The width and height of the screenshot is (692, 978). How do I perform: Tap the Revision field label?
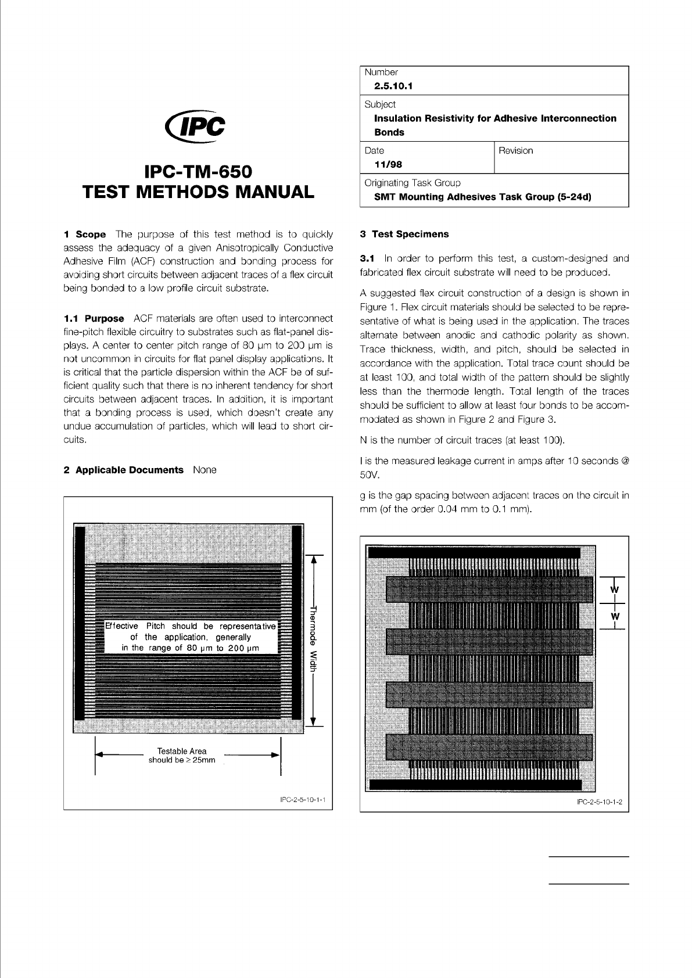[x=515, y=151]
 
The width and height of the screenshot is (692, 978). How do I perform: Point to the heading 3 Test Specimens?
[x=404, y=234]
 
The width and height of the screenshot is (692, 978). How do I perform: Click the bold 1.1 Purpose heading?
[x=94, y=318]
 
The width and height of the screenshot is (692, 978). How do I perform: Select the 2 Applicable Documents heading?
[x=123, y=470]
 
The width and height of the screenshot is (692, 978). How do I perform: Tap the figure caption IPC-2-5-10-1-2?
[x=599, y=803]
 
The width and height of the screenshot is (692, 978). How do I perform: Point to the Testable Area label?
[x=182, y=751]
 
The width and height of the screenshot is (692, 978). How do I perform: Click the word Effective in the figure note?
[x=121, y=626]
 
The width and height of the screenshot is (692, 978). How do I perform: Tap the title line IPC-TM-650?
[x=198, y=172]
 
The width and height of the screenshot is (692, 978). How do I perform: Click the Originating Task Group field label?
[x=412, y=183]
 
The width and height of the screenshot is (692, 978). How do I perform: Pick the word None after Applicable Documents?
[x=205, y=470]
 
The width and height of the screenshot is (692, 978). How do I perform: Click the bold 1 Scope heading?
[x=85, y=235]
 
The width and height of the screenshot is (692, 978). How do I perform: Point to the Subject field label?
[x=380, y=105]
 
